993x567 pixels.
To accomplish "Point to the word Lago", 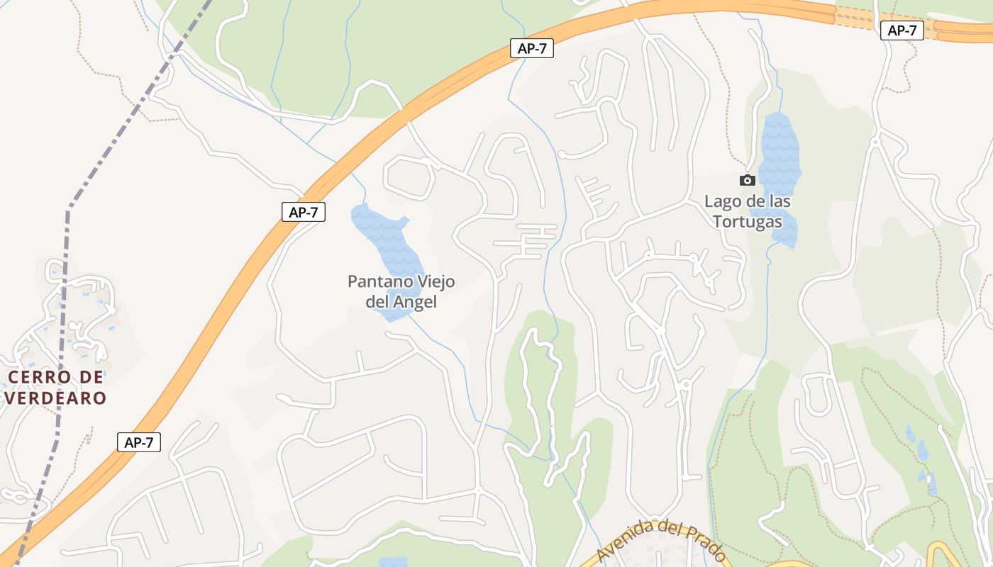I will point(722,201).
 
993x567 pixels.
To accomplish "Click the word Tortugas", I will point(747,221).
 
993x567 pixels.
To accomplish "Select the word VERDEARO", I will point(55,398).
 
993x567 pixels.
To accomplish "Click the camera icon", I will point(747,180).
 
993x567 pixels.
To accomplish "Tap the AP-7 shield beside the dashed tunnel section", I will point(902,30).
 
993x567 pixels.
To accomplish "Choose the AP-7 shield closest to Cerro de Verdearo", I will point(139,443).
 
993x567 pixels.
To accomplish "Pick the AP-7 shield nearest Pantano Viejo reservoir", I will point(304,212).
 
